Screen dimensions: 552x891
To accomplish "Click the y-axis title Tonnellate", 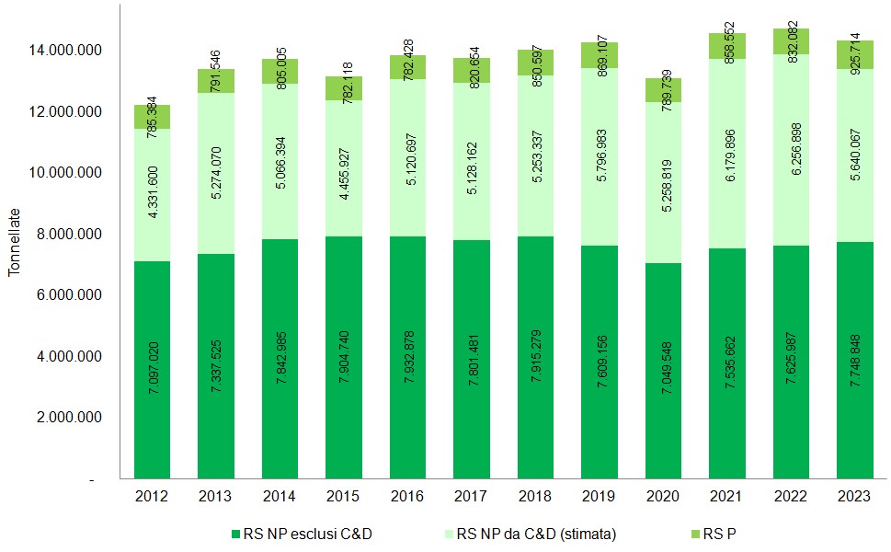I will coord(14,242).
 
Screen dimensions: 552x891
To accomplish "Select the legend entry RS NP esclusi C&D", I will coord(303,533).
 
